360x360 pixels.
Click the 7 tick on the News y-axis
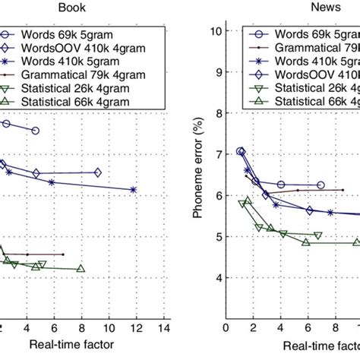tap(217, 154)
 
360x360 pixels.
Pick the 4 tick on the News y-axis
tap(217, 278)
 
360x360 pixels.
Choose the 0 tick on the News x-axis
tap(226, 329)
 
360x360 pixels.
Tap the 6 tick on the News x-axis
tap(308, 329)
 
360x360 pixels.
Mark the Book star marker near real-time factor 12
tap(134, 190)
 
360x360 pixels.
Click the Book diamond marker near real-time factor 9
tap(97, 172)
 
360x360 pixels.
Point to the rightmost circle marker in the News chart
tap(320, 185)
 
